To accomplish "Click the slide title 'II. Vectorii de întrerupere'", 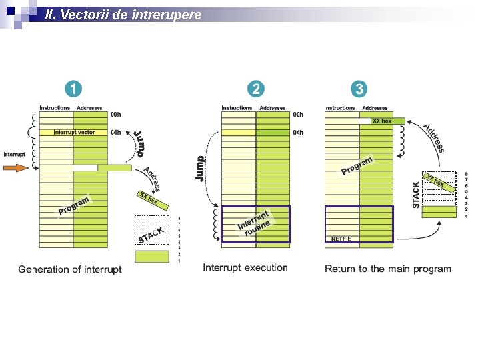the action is coord(123,14).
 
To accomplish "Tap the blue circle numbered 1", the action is coord(73,89).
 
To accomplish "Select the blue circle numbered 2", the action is coord(255,89).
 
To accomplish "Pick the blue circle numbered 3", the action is coord(359,89).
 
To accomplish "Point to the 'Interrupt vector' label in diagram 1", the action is coord(75,132).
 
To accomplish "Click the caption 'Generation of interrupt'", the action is coord(70,269).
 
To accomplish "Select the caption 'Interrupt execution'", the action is coord(245,267).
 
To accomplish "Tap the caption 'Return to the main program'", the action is coord(388,269).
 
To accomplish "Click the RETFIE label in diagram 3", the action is coord(341,239).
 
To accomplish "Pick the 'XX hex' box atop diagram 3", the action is coord(382,121).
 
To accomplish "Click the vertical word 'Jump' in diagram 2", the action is coord(199,168).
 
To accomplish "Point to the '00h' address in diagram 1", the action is coord(115,114).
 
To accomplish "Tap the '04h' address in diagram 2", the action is coord(298,132).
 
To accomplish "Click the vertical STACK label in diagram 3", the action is coord(417,194).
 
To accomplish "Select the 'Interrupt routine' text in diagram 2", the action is coord(255,223).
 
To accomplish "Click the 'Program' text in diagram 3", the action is coord(357,165).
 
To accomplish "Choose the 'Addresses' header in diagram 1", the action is coord(89,107).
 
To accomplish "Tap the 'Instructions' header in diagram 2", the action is coord(237,107).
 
